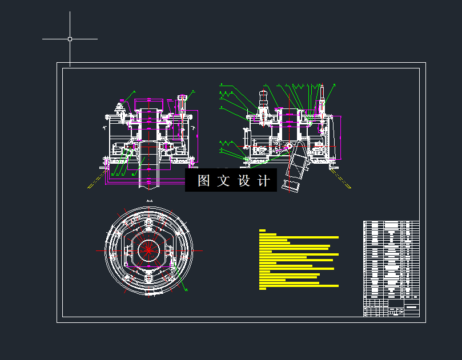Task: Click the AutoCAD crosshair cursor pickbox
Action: [x=70, y=39]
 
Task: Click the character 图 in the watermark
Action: [x=204, y=181]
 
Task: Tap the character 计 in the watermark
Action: [x=263, y=181]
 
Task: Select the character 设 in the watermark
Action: [x=244, y=181]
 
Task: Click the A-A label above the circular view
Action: [x=150, y=201]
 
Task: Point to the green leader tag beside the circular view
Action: [x=186, y=289]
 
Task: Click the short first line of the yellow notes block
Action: [x=262, y=230]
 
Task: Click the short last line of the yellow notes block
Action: [x=262, y=289]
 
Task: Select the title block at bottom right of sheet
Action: [x=391, y=311]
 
